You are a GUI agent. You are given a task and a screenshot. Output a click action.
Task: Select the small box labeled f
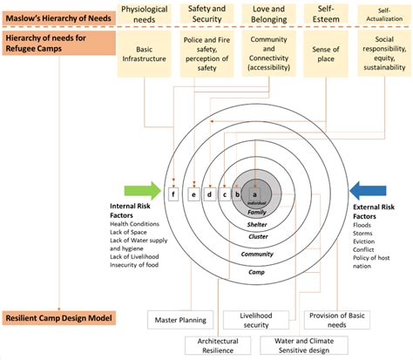pyautogui.click(x=173, y=194)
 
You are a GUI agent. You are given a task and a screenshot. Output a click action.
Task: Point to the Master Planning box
pyautogui.click(x=178, y=319)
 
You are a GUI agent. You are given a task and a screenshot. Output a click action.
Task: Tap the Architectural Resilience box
pyautogui.click(x=218, y=346)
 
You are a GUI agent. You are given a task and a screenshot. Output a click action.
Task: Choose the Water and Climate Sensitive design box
pyautogui.click(x=301, y=346)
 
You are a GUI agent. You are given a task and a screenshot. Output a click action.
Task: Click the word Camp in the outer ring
pyautogui.click(x=255, y=272)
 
